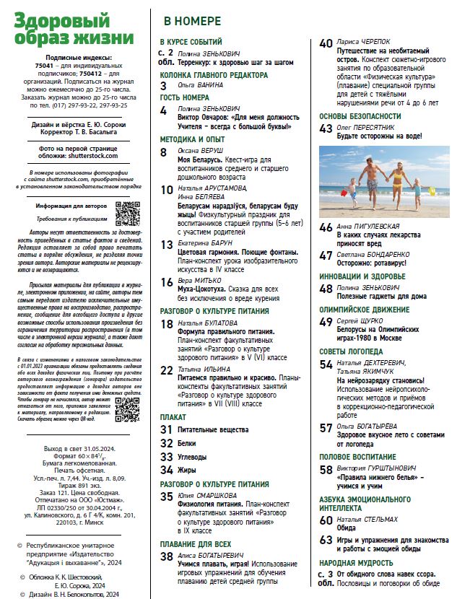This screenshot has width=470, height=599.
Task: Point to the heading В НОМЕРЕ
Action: pos(191,22)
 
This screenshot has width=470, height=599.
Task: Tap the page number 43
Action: pos(326,128)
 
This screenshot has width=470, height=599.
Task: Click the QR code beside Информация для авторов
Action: pos(128,214)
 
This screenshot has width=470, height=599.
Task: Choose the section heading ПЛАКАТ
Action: pos(173,417)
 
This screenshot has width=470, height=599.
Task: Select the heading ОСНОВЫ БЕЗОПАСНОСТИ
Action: pos(360,115)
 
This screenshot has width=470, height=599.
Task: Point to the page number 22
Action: pos(167,370)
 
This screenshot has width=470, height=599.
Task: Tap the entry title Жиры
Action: pos(188,470)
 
